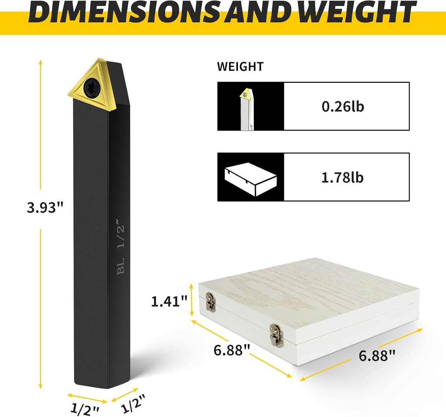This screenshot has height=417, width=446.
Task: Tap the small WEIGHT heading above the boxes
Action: point(240,67)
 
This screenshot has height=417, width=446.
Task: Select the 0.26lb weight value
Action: point(343,107)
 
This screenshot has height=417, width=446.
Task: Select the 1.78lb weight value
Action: point(342,177)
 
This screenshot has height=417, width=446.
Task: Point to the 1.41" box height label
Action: point(169,301)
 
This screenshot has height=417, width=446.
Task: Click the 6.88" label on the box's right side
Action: point(377,355)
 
